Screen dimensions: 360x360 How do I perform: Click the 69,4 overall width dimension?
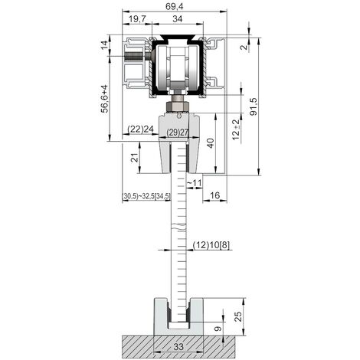tap(175, 6)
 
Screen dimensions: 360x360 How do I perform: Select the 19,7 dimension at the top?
tap(137, 18)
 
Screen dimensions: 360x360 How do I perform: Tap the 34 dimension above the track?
tap(178, 18)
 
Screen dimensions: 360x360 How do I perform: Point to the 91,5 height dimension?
tap(254, 106)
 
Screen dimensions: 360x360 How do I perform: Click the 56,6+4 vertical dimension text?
tap(105, 99)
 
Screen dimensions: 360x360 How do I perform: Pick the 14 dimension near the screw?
tap(105, 45)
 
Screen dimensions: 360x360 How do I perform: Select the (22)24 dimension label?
tap(139, 129)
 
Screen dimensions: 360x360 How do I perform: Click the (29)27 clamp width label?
tap(178, 133)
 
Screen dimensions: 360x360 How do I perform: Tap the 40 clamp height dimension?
tap(211, 143)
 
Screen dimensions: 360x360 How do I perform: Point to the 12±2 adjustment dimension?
tap(237, 129)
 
